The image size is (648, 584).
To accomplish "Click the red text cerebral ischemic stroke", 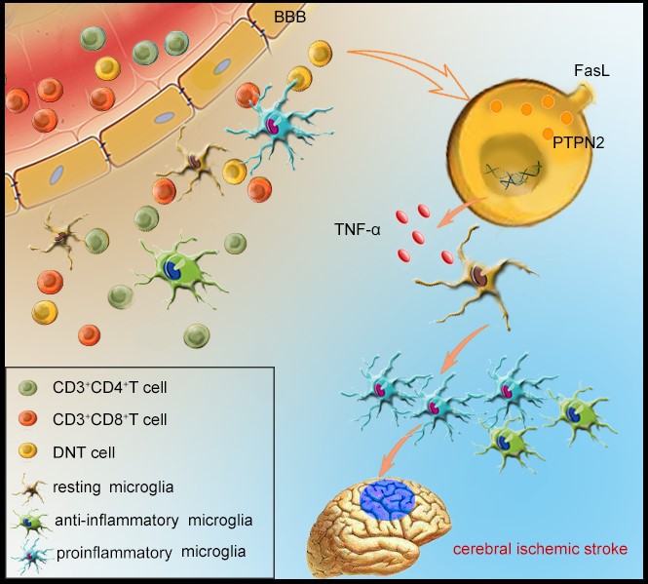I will pos(538,549).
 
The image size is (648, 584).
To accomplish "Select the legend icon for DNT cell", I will pos(29,451).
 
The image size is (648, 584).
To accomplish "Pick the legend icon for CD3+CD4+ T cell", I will pos(29,389).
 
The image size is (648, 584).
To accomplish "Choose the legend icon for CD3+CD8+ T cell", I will pos(29,420).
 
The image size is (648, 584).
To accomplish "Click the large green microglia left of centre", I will pos(178,268).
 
